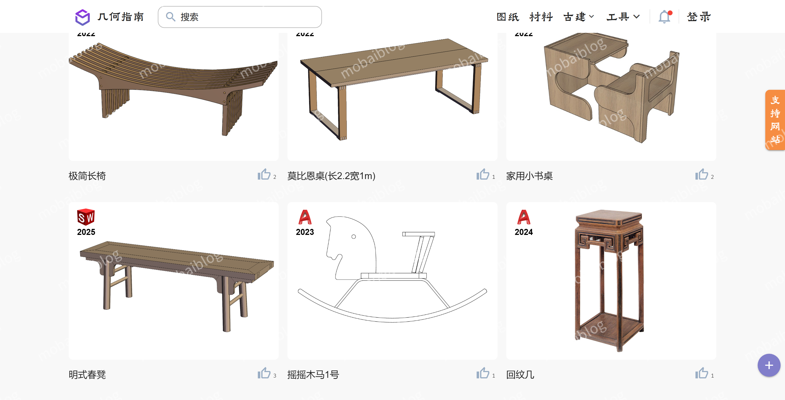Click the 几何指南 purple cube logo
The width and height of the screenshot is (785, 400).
tap(82, 17)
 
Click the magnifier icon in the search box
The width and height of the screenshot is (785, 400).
tap(171, 17)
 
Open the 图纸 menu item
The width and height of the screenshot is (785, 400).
tap(507, 17)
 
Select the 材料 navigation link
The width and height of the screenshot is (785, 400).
tap(541, 17)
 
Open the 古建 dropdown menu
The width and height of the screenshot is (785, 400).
tap(578, 17)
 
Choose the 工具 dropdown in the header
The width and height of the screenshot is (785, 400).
tap(623, 17)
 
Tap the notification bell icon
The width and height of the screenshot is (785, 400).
tap(664, 17)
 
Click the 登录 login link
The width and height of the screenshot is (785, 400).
tap(699, 17)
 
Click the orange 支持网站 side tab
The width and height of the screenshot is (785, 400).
tap(775, 120)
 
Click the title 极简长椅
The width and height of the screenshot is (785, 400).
tap(87, 176)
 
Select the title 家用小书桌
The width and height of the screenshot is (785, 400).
tap(529, 176)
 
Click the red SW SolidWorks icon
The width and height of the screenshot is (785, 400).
tap(86, 217)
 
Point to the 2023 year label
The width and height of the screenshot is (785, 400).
tap(305, 232)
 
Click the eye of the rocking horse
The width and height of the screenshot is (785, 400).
tap(353, 237)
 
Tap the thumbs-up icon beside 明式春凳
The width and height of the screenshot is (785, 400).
tap(264, 373)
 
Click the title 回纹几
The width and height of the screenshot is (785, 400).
tap(520, 375)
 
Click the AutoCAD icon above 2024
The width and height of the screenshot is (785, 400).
tap(524, 217)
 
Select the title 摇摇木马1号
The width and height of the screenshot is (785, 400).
tap(313, 375)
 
